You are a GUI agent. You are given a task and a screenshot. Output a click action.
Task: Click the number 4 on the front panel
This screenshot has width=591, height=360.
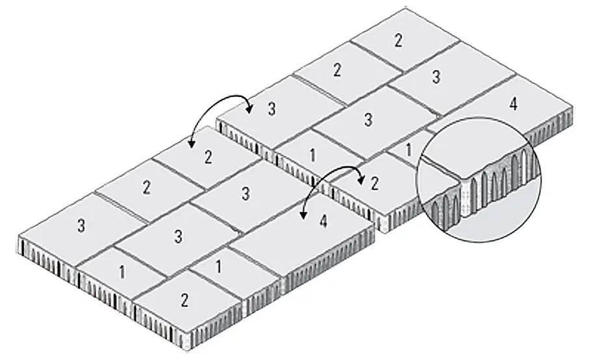tap(323, 222)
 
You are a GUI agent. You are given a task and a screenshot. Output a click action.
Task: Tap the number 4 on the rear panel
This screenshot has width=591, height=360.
tap(513, 103)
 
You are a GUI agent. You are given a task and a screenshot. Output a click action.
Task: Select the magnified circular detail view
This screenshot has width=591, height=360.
tap(479, 179)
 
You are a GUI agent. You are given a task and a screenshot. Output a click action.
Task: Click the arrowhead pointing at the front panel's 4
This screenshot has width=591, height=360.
tap(302, 215)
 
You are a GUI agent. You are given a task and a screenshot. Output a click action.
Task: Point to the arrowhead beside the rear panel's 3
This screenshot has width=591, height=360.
tap(249, 109)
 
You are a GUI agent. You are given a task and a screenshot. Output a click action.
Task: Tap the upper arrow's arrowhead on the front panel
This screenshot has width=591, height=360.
tap(192, 144)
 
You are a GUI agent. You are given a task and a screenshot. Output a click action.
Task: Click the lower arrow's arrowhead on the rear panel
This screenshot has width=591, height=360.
tap(361, 181)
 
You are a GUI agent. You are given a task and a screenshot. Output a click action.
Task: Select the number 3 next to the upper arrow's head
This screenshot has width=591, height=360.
tap(271, 109)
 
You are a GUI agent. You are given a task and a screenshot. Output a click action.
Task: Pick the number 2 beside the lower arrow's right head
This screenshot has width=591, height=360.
tap(374, 184)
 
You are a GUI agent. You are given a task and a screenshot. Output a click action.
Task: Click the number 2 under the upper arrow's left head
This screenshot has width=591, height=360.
tap(208, 157)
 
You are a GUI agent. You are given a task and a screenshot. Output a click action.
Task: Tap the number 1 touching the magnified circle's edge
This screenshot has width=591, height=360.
tap(408, 150)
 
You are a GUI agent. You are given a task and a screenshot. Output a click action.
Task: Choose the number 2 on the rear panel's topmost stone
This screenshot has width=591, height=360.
tap(398, 40)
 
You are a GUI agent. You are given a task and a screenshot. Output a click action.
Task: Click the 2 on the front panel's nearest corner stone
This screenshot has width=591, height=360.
tap(184, 300)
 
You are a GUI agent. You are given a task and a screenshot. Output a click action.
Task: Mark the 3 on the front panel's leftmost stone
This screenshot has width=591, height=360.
tap(81, 225)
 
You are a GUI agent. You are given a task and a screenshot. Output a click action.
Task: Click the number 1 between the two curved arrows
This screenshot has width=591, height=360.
tap(312, 155)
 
